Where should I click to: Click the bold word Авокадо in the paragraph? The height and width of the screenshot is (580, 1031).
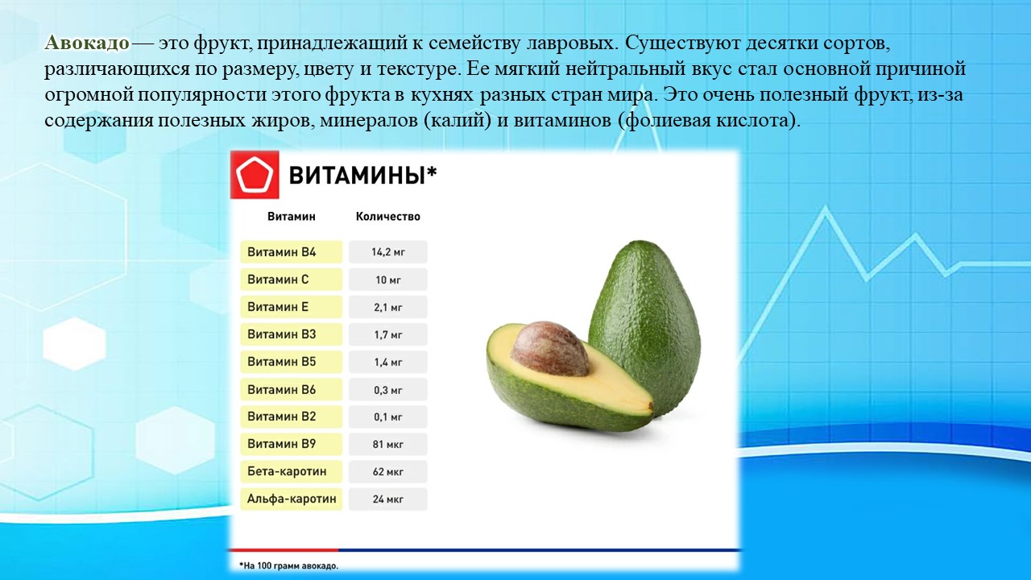pyautogui.click(x=87, y=43)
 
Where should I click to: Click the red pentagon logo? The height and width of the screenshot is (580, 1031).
pyautogui.click(x=255, y=175)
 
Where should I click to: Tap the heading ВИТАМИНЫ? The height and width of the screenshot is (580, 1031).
pyautogui.click(x=362, y=176)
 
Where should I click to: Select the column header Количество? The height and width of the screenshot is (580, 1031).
pyautogui.click(x=388, y=217)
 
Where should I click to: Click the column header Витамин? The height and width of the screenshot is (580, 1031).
pyautogui.click(x=292, y=217)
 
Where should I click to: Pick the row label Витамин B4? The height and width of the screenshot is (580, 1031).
pyautogui.click(x=292, y=252)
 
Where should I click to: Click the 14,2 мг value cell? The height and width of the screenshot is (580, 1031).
pyautogui.click(x=388, y=252)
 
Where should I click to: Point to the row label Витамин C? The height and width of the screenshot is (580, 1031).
pyautogui.click(x=292, y=280)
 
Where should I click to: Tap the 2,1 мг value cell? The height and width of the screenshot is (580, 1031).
pyautogui.click(x=388, y=307)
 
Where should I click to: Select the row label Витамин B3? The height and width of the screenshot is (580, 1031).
pyautogui.click(x=292, y=334)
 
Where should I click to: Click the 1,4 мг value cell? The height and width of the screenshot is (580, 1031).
pyautogui.click(x=388, y=362)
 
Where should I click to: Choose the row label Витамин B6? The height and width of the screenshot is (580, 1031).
pyautogui.click(x=292, y=389)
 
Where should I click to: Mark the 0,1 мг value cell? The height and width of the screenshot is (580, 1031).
pyautogui.click(x=388, y=416)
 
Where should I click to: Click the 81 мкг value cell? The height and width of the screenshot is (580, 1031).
pyautogui.click(x=388, y=444)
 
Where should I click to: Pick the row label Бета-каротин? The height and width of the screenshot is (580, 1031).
pyautogui.click(x=292, y=471)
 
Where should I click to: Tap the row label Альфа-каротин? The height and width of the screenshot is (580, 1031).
pyautogui.click(x=292, y=499)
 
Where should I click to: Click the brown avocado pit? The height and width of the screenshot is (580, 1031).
pyautogui.click(x=549, y=349)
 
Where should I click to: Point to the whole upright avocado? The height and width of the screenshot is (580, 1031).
pyautogui.click(x=645, y=327)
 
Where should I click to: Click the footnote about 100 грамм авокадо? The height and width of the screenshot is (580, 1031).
pyautogui.click(x=288, y=565)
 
